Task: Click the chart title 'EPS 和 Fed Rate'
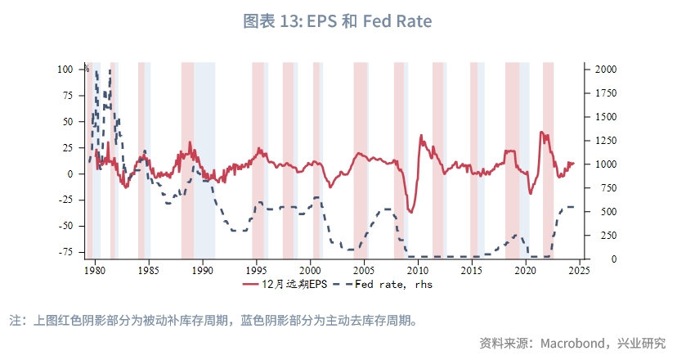pyautogui.click(x=338, y=21)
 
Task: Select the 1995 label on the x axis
pyautogui.click(x=256, y=270)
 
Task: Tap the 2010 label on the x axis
pyautogui.click(x=418, y=270)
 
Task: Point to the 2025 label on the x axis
pyautogui.click(x=580, y=270)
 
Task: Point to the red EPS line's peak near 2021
pyautogui.click(x=541, y=132)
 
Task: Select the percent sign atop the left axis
pyautogui.click(x=86, y=68)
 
